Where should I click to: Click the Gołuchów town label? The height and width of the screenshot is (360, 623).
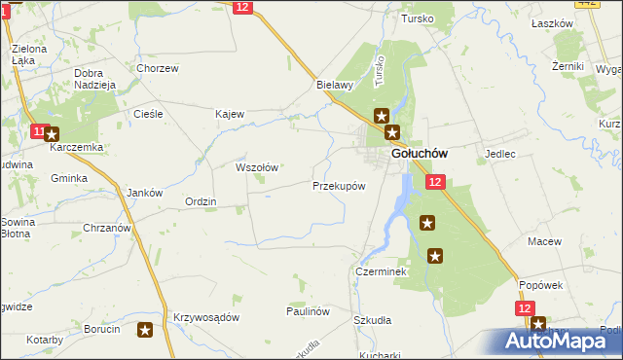(x=419, y=154)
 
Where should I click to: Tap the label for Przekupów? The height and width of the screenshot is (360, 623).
(x=339, y=185)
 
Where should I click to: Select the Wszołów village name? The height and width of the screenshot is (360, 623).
(x=258, y=167)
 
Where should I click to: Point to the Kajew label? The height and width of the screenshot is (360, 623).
(x=229, y=114)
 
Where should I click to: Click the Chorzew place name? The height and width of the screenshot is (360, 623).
(x=158, y=68)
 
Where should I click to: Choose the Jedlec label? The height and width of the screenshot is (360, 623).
(x=499, y=154)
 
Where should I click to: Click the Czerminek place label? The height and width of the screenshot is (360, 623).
(x=381, y=272)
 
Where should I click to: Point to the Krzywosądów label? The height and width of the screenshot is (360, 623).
(x=205, y=318)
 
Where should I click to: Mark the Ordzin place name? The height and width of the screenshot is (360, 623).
(x=201, y=201)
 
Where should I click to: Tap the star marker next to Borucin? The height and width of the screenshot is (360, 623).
(x=145, y=330)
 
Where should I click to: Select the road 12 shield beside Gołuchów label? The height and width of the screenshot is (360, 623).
(x=434, y=182)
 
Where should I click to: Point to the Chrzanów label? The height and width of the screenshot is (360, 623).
(x=107, y=228)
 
